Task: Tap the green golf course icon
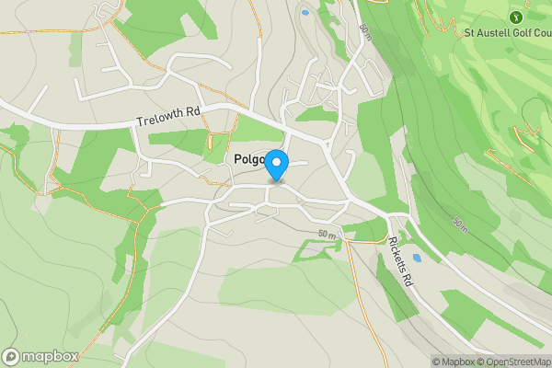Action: (515, 17)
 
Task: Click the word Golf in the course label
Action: (516, 33)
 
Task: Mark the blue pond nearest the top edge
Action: (305, 13)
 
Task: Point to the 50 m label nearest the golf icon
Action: (365, 31)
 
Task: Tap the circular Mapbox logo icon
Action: (12, 356)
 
